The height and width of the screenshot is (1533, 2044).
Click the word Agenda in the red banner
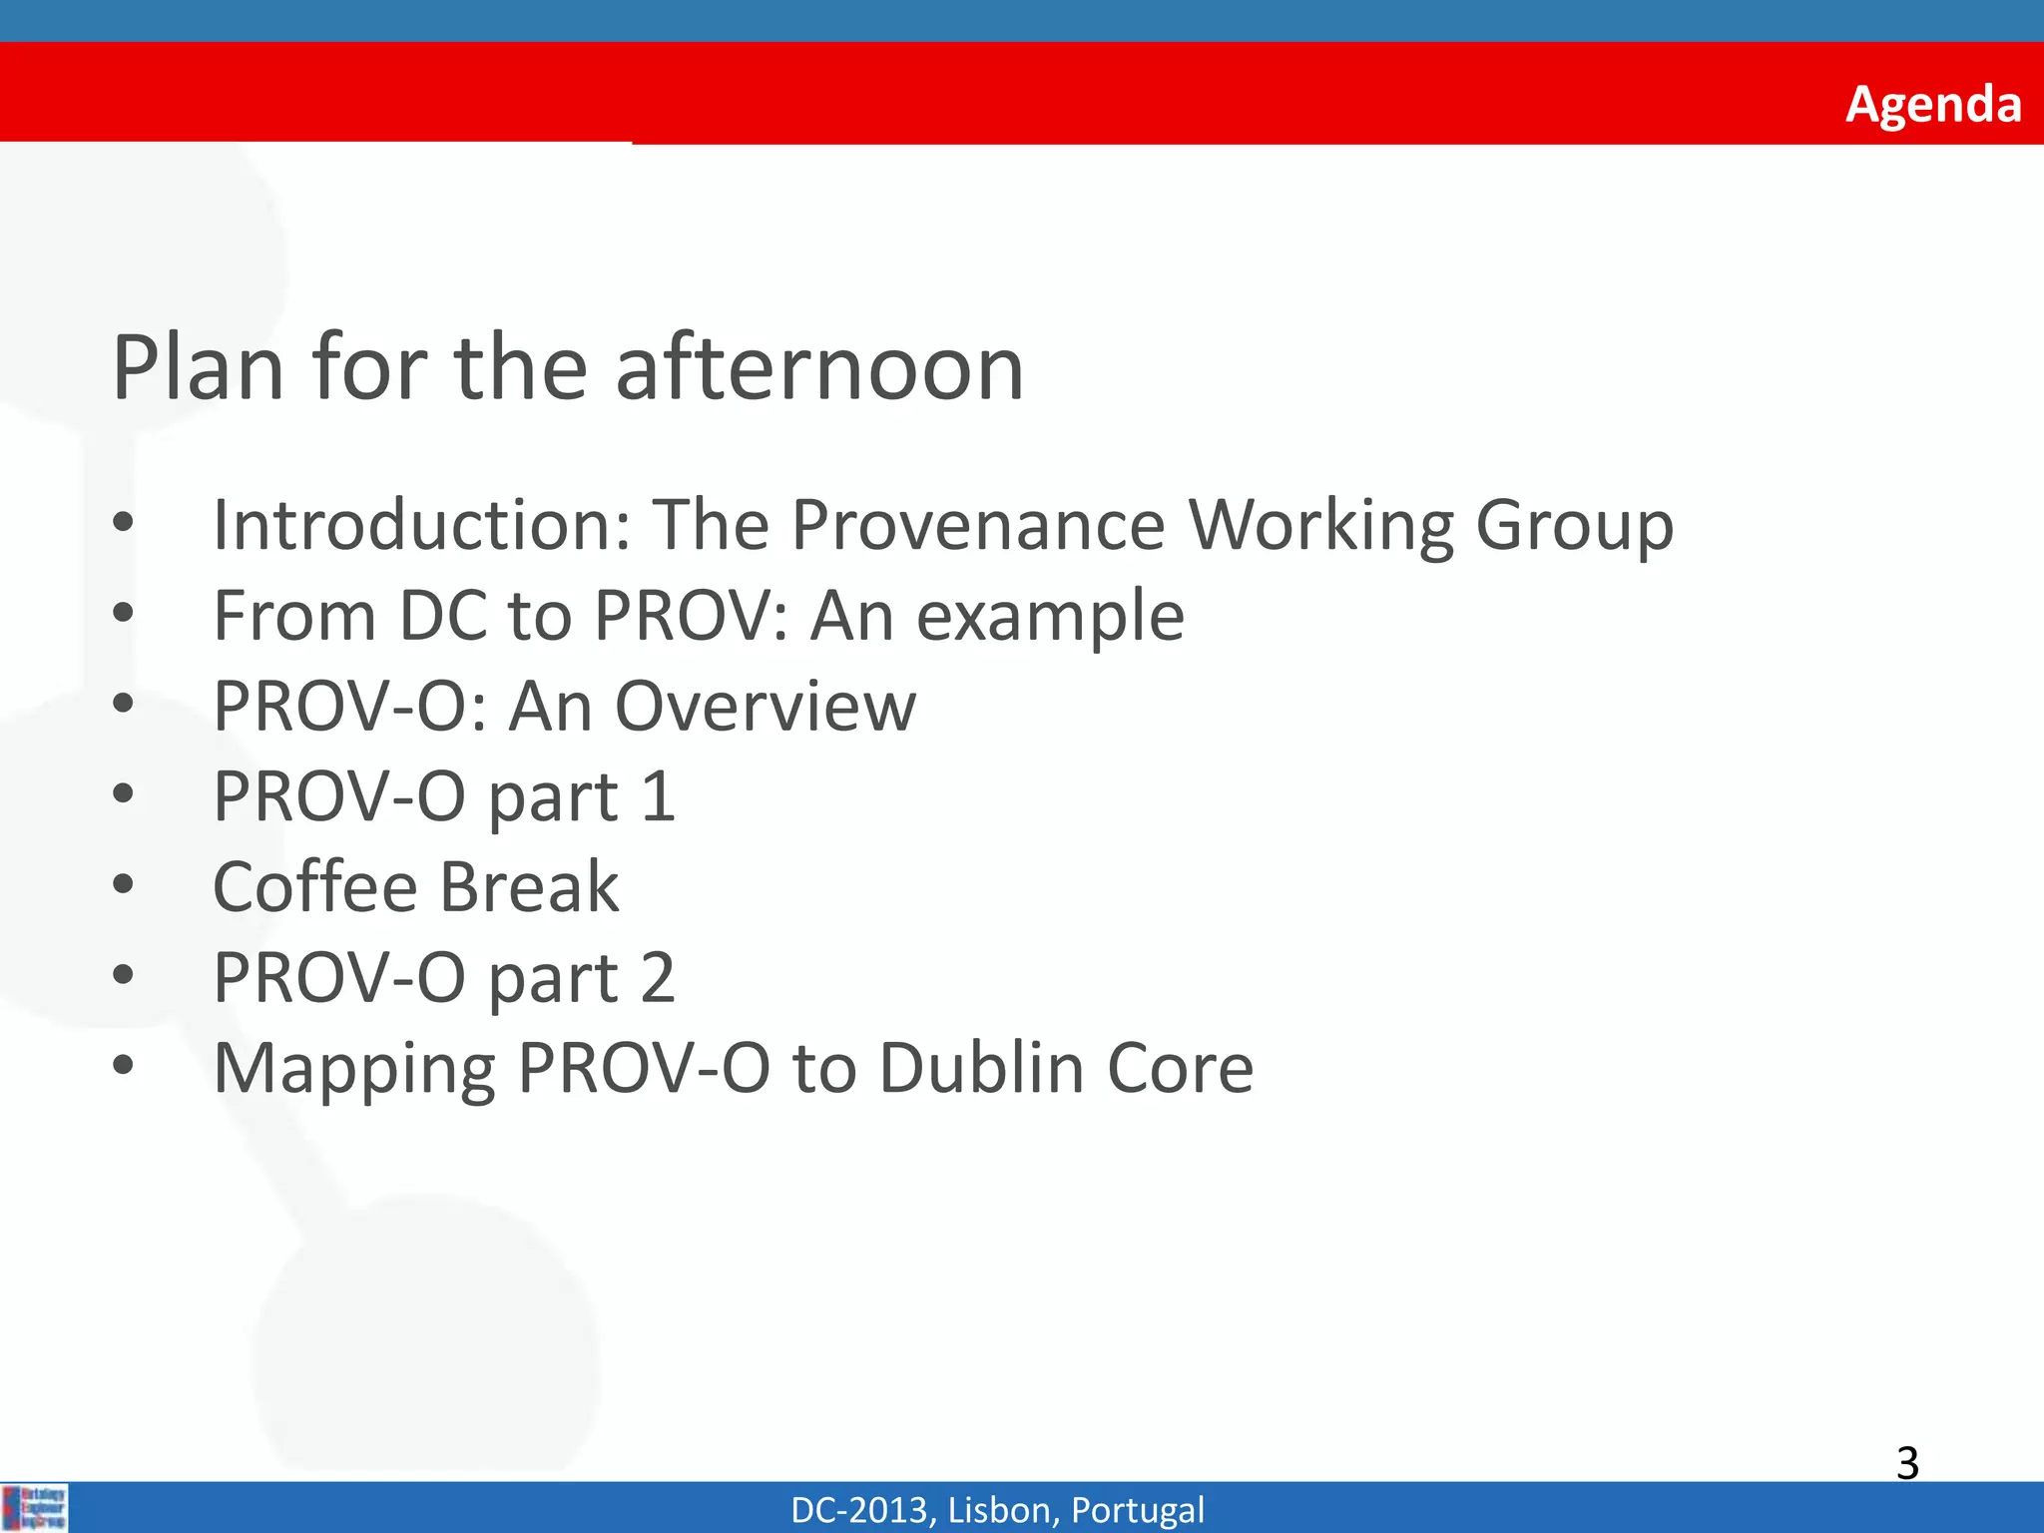click(1933, 104)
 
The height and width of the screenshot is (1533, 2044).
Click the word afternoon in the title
click(819, 367)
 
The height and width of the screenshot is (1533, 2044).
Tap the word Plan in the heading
click(199, 367)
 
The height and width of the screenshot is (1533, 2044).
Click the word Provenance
click(978, 525)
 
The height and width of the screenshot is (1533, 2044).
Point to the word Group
click(1574, 527)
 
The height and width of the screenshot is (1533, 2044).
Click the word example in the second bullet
click(1050, 617)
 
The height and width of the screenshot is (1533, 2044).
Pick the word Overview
click(765, 707)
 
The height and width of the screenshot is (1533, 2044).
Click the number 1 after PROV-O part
click(659, 796)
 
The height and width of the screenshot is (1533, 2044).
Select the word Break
click(529, 886)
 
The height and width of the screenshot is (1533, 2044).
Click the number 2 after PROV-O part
click(658, 977)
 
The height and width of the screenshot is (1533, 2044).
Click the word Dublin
click(981, 1068)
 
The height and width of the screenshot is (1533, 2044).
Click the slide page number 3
click(1907, 1463)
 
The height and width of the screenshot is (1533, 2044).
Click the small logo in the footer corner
click(35, 1507)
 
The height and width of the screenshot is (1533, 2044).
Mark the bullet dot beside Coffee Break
click(123, 884)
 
